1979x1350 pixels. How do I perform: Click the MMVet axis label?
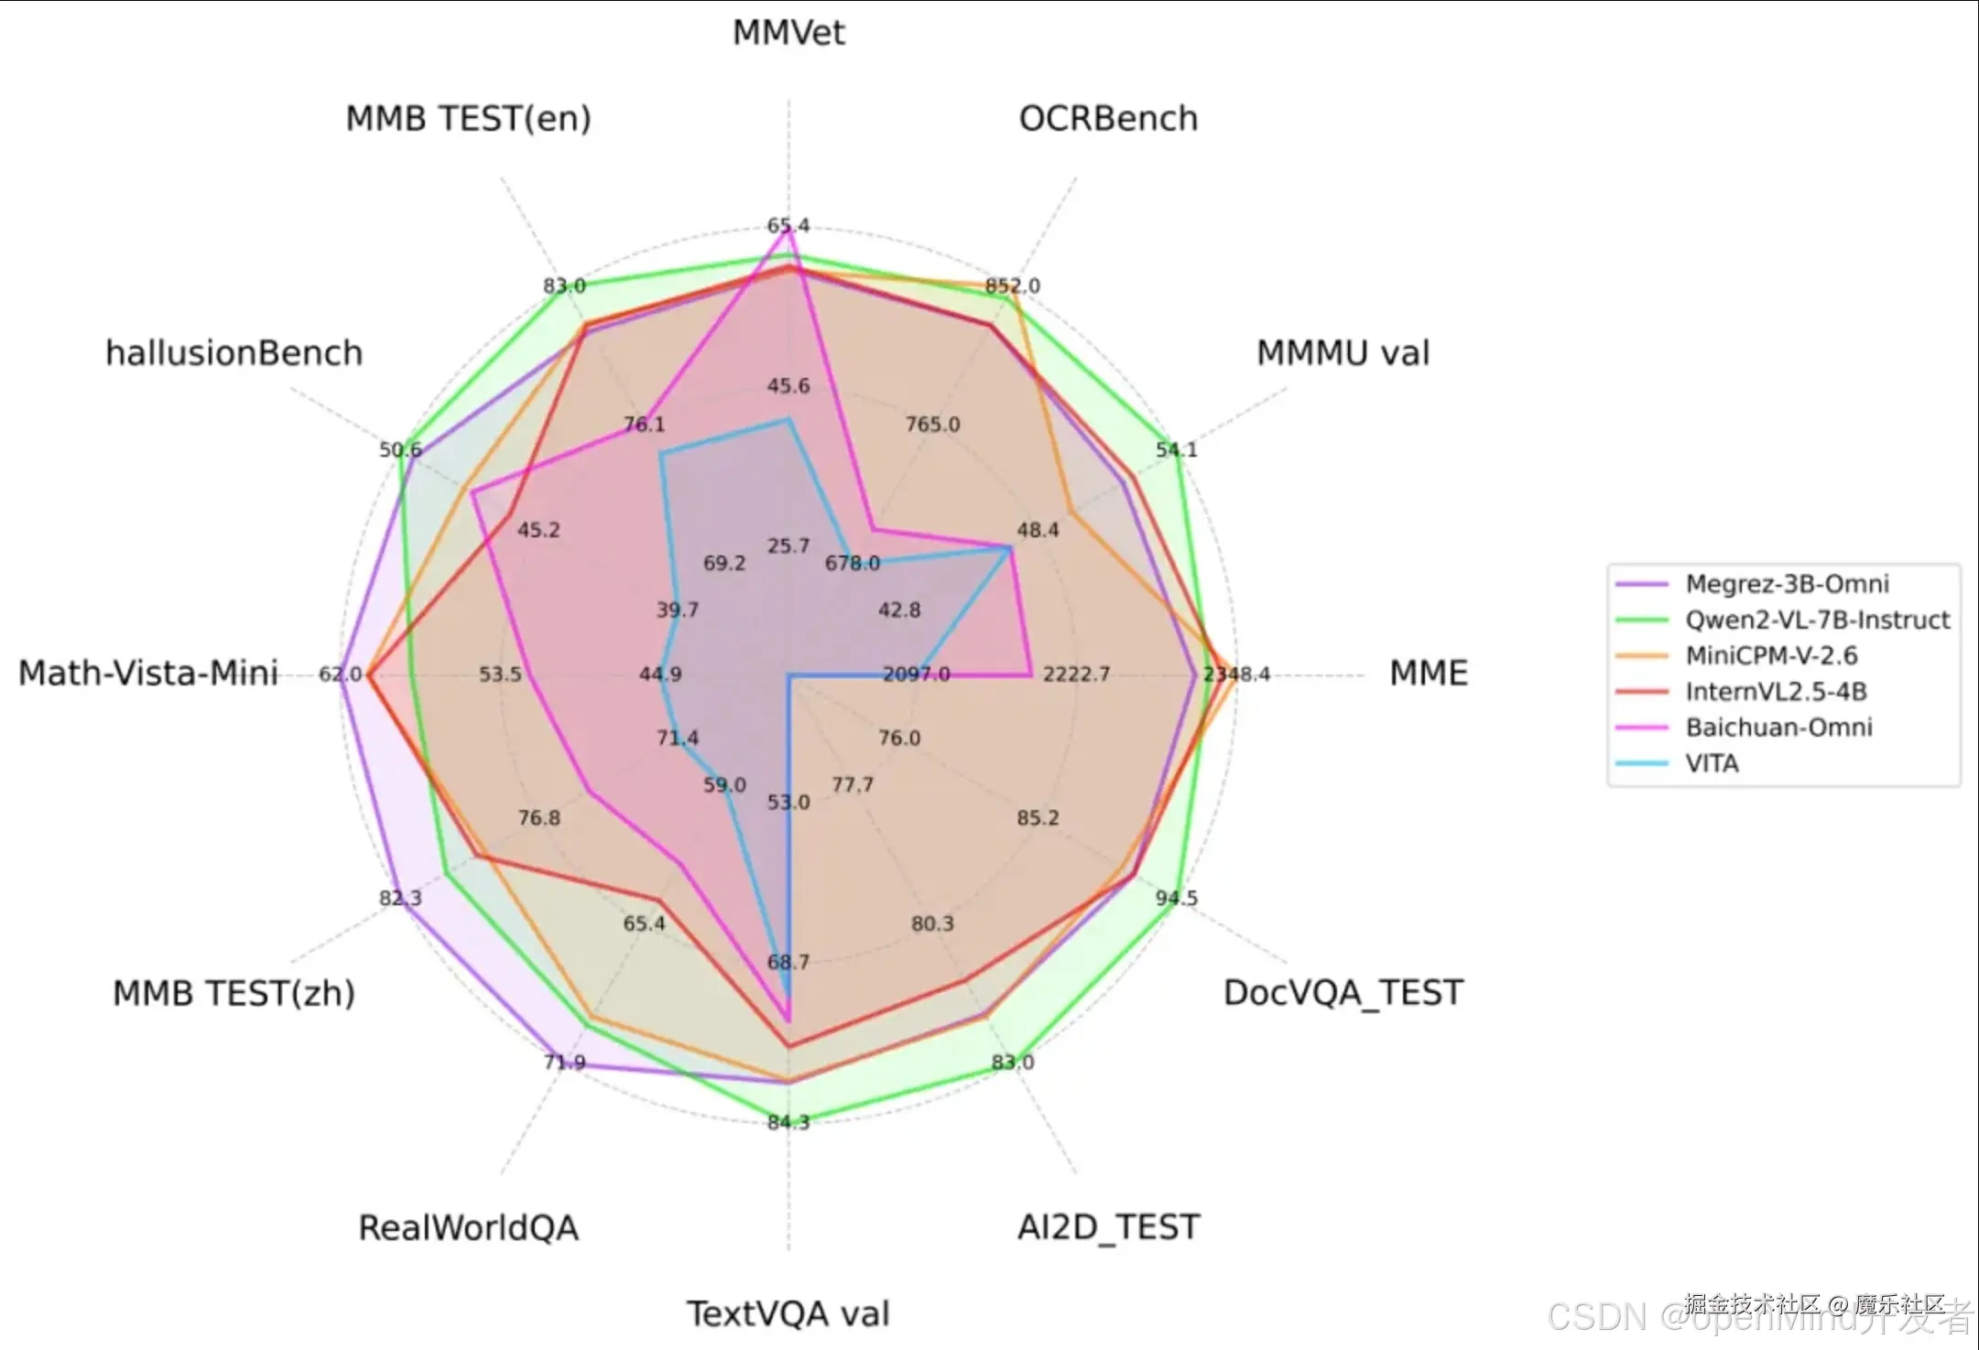click(788, 33)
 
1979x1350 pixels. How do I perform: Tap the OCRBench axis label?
click(1108, 119)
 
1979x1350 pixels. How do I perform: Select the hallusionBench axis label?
click(234, 353)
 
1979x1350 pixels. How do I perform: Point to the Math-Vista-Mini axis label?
click(148, 674)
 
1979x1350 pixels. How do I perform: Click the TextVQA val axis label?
click(788, 1314)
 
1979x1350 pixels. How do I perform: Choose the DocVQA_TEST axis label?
click(1343, 993)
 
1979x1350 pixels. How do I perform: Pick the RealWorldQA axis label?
click(468, 1228)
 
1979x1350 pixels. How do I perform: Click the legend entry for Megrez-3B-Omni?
click(1787, 584)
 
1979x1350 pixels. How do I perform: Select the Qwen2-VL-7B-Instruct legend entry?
click(1818, 620)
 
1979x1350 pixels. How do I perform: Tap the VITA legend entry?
click(1712, 763)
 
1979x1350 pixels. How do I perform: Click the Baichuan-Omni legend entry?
click(1778, 728)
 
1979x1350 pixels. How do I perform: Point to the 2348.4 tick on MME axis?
click(1236, 675)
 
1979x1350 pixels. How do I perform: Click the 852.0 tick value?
click(1013, 286)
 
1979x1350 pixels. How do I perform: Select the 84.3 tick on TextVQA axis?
click(788, 1122)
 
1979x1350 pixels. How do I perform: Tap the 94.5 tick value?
click(1176, 898)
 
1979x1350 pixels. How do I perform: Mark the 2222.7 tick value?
click(1076, 675)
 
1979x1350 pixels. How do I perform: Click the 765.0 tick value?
click(932, 425)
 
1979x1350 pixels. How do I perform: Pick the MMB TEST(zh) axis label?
click(234, 993)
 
